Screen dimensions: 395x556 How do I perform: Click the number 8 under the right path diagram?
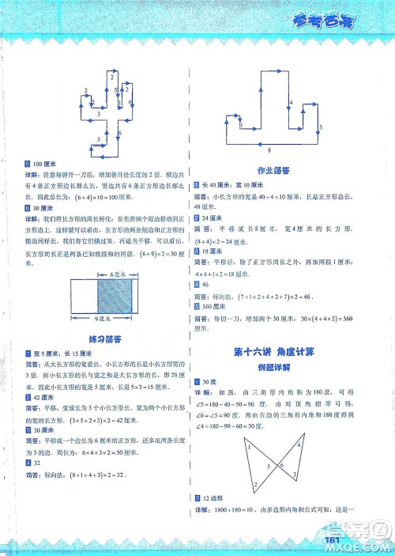(x=269, y=149)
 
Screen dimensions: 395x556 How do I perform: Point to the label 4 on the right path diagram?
(x=291, y=104)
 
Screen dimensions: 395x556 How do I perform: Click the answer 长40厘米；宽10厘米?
(x=240, y=183)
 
